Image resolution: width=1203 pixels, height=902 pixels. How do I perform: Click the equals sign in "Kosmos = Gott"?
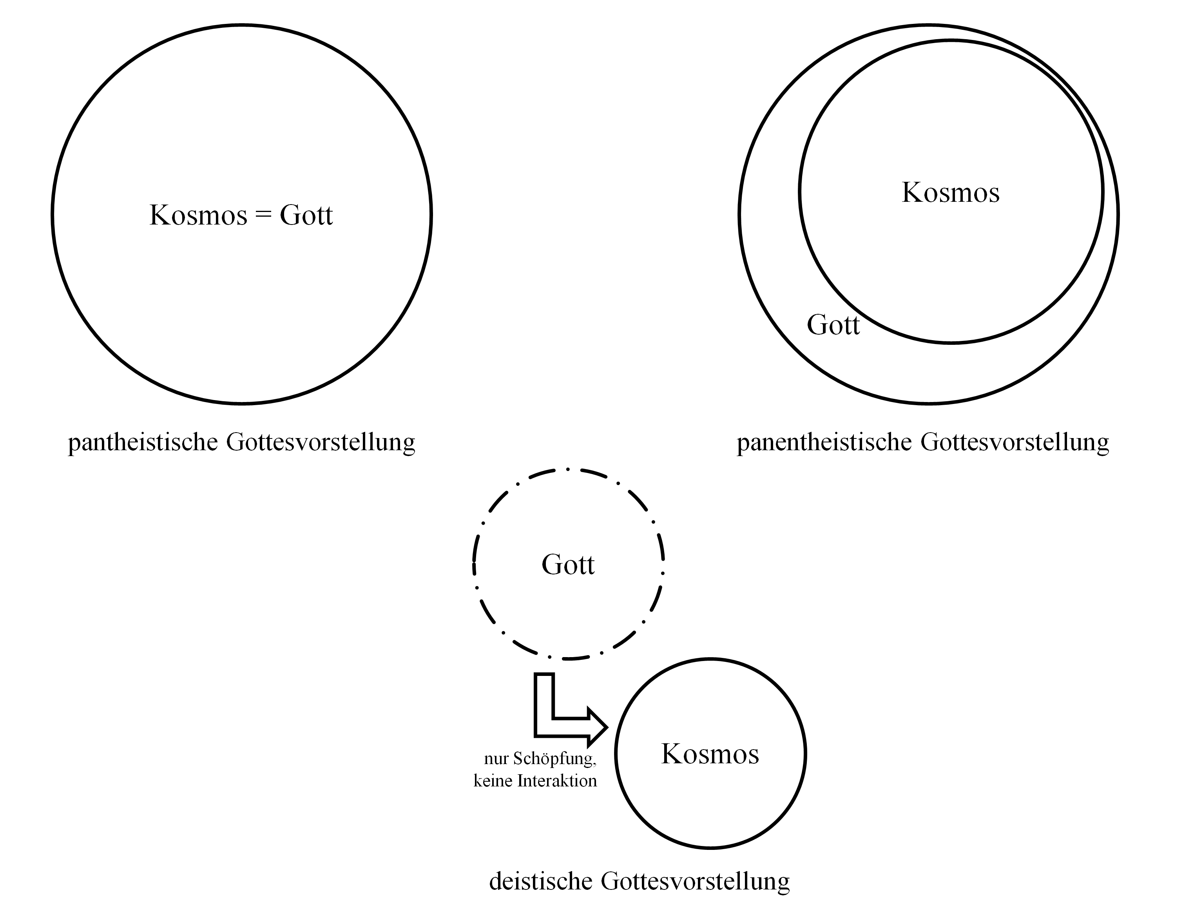click(263, 215)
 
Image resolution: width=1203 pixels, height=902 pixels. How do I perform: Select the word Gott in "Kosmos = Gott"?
click(306, 215)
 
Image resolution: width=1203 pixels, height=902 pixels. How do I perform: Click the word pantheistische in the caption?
click(143, 442)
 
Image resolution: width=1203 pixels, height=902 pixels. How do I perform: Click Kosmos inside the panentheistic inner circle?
click(950, 192)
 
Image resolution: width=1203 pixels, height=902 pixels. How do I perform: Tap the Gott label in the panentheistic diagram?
click(833, 325)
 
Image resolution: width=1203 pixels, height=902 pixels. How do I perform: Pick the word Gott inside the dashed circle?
click(568, 564)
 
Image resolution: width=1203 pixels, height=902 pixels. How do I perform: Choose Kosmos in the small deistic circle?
click(710, 754)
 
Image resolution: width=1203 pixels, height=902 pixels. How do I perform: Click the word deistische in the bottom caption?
click(541, 881)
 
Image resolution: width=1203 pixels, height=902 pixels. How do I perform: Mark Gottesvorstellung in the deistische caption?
click(695, 881)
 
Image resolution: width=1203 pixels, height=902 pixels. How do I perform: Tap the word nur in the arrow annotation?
click(496, 759)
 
